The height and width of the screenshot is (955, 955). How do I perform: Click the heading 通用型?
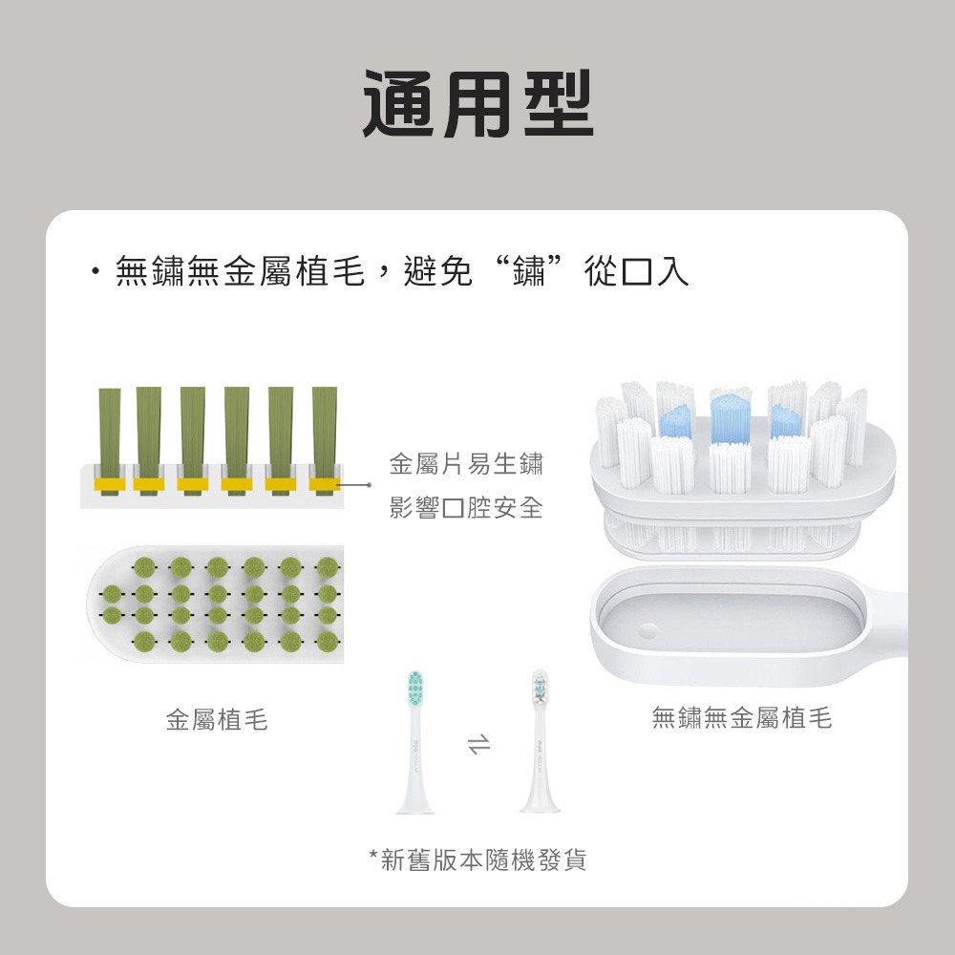tap(477, 102)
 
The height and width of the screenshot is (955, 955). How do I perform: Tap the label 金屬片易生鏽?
tap(466, 465)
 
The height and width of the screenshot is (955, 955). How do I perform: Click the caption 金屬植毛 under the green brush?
tap(217, 720)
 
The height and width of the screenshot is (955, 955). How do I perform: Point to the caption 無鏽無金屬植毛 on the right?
tap(741, 718)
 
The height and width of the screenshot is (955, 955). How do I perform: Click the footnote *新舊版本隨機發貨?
tap(477, 860)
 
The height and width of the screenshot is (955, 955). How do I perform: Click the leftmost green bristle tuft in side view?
tap(109, 435)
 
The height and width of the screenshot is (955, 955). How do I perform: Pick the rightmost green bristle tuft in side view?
tap(325, 435)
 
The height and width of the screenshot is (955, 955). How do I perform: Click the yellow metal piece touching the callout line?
tap(325, 484)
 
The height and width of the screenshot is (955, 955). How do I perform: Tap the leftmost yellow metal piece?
tap(109, 484)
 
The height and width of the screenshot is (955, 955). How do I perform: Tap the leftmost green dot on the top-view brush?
tap(114, 592)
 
